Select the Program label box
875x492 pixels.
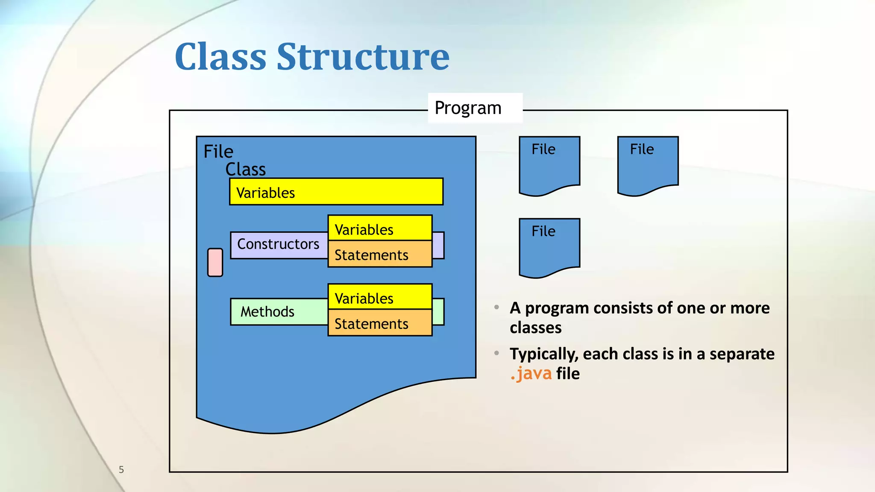tap(475, 108)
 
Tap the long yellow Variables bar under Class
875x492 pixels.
tap(336, 192)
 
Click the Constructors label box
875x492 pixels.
tap(279, 245)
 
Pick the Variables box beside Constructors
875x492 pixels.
tap(380, 228)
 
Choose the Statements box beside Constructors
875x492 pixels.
tap(380, 255)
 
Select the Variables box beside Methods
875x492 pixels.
tap(380, 297)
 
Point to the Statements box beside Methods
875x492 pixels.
tap(380, 323)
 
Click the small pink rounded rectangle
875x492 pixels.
tap(215, 262)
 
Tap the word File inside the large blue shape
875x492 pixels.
tap(218, 152)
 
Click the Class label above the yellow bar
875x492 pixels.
tap(245, 170)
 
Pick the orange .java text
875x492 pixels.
tap(531, 374)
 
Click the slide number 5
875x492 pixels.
tap(121, 470)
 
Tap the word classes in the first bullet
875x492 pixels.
tap(535, 328)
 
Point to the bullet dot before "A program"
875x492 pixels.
tap(496, 307)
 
